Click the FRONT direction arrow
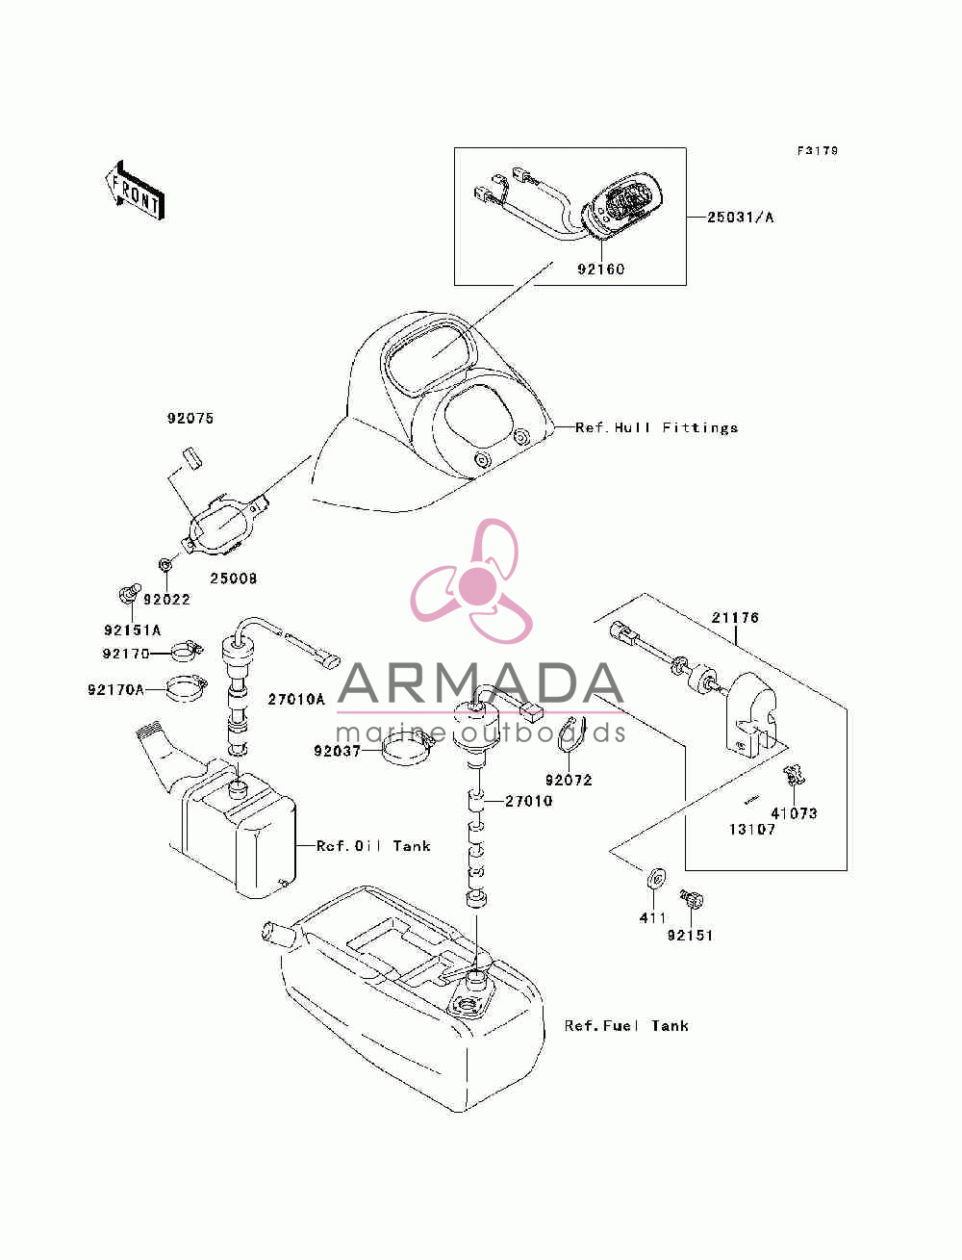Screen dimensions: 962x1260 [x=136, y=190]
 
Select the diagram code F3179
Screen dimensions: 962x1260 [x=817, y=151]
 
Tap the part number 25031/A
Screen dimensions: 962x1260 [x=740, y=217]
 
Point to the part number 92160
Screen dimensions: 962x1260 [x=600, y=270]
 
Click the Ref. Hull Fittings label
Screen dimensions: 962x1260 [x=656, y=427]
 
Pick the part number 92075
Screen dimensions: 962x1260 [x=190, y=418]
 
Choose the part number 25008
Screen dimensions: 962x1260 [x=233, y=579]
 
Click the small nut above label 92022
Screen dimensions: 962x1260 [x=165, y=565]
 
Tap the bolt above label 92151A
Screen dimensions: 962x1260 [x=129, y=593]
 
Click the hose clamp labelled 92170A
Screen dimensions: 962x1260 [x=186, y=687]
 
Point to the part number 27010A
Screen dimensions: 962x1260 [x=296, y=699]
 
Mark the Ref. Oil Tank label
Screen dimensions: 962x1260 [x=373, y=846]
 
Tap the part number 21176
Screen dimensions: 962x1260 [x=735, y=618]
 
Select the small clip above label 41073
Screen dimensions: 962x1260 [x=795, y=776]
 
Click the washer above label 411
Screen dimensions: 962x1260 [x=655, y=878]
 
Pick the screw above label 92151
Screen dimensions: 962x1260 [x=691, y=898]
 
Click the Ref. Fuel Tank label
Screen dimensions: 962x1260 [x=626, y=1026]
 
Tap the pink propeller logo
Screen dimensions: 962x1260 [x=471, y=581]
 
